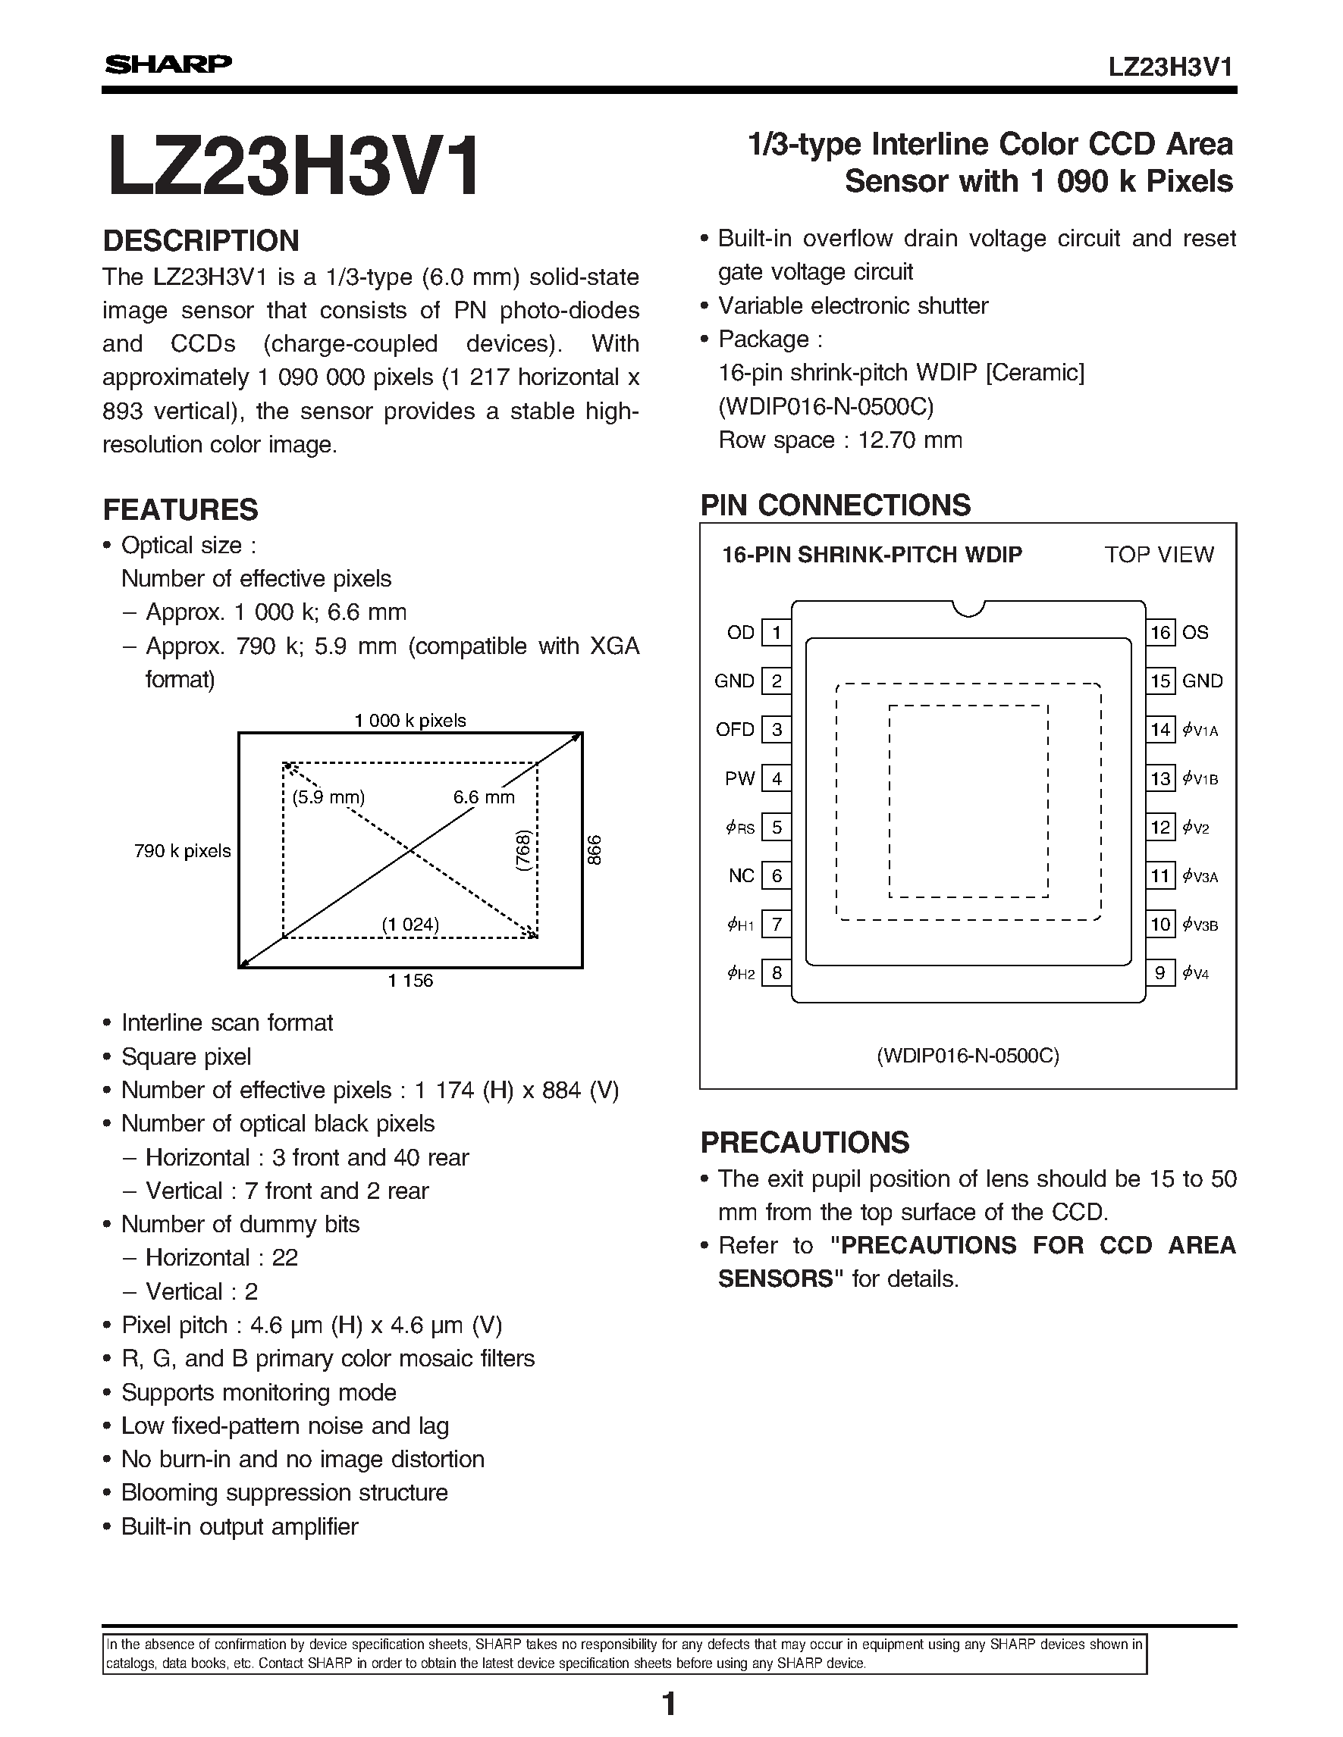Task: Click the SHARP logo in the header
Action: [x=168, y=64]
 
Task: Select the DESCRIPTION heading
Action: [x=201, y=241]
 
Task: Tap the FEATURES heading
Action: [x=180, y=510]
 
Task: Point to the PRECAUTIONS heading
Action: [x=805, y=1142]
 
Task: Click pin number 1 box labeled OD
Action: [x=777, y=633]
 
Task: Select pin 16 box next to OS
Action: [x=1161, y=633]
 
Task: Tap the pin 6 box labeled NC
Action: [x=777, y=876]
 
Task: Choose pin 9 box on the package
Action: [x=1161, y=972]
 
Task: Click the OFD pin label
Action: [x=734, y=729]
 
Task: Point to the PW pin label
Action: [x=739, y=778]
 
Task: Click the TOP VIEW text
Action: [x=1159, y=556]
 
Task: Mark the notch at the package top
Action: [x=968, y=609]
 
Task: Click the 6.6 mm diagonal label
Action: [x=484, y=797]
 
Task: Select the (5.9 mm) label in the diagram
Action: [x=328, y=797]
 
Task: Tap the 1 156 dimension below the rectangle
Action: [x=410, y=981]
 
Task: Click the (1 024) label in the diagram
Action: [x=409, y=924]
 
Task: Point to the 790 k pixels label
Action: [x=182, y=851]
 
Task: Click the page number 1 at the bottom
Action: [x=669, y=1704]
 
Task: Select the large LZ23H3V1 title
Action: [x=293, y=165]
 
